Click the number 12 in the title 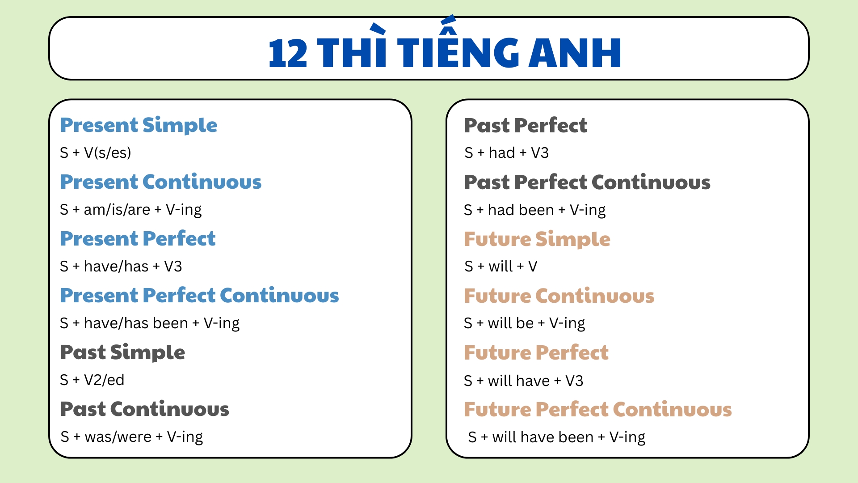point(288,53)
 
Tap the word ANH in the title point(575,53)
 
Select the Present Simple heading point(139,125)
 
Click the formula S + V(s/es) point(96,153)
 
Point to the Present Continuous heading point(161,182)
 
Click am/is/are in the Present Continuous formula point(117,210)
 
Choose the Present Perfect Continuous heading point(199,296)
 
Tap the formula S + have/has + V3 point(121,267)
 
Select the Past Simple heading point(122,352)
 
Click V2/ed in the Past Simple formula point(104,380)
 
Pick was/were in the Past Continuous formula point(118,437)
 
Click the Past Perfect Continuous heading point(587,182)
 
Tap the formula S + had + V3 point(506,153)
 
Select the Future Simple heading point(537,239)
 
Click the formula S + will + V point(500,267)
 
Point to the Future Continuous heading point(559,296)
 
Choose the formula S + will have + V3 point(523,381)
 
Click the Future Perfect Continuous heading point(597,410)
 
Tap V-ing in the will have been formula point(627,437)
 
